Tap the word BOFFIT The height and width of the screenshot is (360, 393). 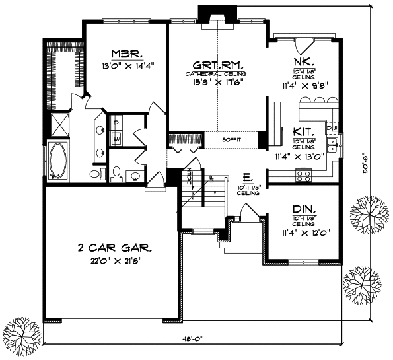click(x=231, y=139)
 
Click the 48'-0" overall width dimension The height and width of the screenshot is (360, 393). click(x=192, y=338)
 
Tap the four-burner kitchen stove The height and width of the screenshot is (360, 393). click(x=305, y=174)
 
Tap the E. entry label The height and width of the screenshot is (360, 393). click(x=245, y=177)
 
